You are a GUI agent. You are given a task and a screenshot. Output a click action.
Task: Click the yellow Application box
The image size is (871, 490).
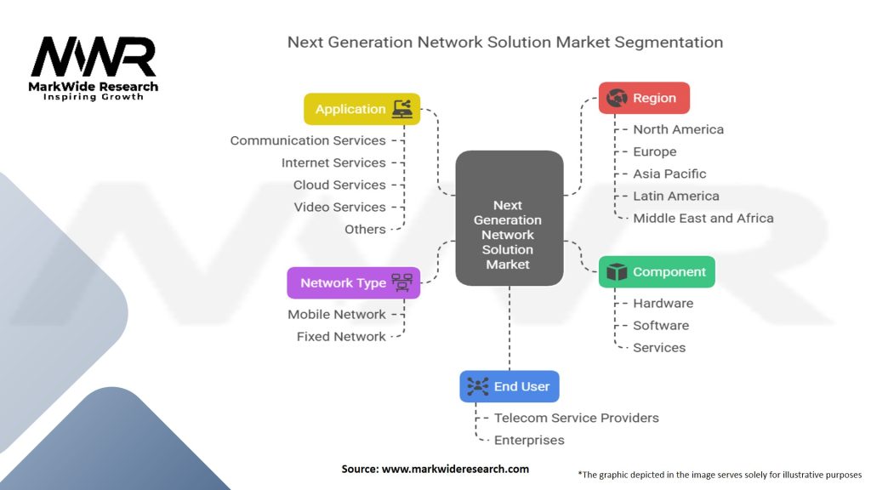tap(361, 109)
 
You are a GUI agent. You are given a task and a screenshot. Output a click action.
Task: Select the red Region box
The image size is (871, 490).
tap(644, 98)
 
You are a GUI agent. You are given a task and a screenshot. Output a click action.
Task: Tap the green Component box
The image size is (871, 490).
tap(657, 271)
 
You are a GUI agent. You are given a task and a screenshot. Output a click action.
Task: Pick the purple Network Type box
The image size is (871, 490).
tap(353, 282)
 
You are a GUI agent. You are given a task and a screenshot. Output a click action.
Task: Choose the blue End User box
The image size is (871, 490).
tap(510, 386)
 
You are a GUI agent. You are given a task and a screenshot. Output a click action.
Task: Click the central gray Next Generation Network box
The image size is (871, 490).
tap(510, 218)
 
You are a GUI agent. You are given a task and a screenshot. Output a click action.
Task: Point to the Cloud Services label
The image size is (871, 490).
tap(339, 185)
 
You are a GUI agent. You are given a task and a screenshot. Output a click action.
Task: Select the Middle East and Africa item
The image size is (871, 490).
tap(703, 218)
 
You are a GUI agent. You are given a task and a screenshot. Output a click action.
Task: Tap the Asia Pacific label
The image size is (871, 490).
tap(669, 174)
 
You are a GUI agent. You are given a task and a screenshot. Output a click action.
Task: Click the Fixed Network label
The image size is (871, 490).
tap(341, 336)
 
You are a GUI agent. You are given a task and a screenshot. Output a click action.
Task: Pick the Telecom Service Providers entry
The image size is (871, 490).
tap(577, 418)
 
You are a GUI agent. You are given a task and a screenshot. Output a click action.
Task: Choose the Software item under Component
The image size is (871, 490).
tap(661, 325)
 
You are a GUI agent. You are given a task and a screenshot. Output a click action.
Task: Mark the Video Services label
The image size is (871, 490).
tap(340, 207)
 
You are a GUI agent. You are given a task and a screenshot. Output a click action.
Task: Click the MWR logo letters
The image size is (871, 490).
tap(94, 57)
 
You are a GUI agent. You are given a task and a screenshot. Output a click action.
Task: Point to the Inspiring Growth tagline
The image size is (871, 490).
tap(94, 97)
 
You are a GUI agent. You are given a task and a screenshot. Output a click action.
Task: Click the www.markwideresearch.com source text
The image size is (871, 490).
tap(455, 469)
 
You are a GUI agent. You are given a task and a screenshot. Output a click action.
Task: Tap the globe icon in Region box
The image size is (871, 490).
tap(617, 98)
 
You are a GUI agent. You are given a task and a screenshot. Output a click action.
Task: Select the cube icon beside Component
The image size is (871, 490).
tap(617, 271)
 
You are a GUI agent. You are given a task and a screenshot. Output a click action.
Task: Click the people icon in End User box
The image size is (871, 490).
tap(478, 386)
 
